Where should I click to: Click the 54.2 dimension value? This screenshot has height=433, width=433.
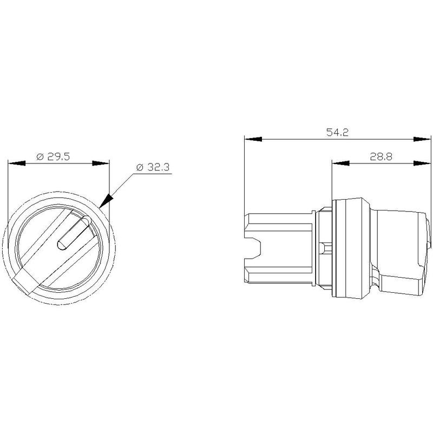[337, 132]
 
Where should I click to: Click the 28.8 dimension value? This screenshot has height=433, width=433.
[381, 157]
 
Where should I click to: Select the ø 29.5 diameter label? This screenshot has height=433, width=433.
[53, 156]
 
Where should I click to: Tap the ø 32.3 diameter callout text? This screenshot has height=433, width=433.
[153, 167]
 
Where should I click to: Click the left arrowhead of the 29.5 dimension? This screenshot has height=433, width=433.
[17, 163]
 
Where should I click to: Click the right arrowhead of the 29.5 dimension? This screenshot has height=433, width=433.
[101, 163]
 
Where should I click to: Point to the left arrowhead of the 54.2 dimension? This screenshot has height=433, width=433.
[253, 139]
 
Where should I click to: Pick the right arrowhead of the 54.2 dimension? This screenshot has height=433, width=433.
[422, 139]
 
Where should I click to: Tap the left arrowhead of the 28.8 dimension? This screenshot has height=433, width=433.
[341, 163]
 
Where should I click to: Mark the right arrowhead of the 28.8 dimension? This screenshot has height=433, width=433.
[422, 163]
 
